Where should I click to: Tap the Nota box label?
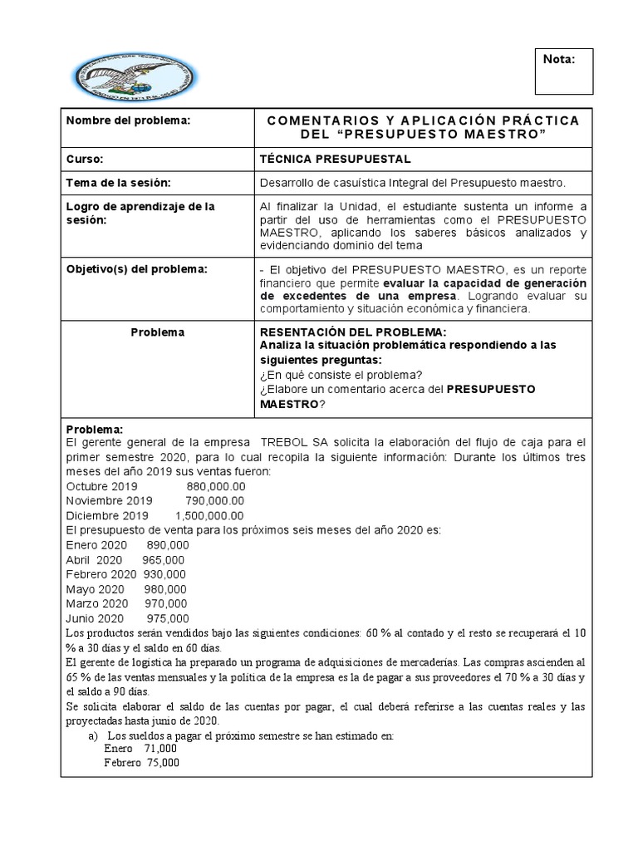557,59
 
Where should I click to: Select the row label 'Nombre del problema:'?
129,121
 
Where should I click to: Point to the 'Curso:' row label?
84,159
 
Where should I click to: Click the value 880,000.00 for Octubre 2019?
210,486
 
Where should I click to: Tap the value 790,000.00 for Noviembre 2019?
210,500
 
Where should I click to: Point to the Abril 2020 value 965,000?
164,559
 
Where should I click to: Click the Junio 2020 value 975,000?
168,618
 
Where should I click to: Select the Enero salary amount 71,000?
161,749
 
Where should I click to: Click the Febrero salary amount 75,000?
163,762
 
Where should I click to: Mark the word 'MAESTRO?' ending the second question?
292,404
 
